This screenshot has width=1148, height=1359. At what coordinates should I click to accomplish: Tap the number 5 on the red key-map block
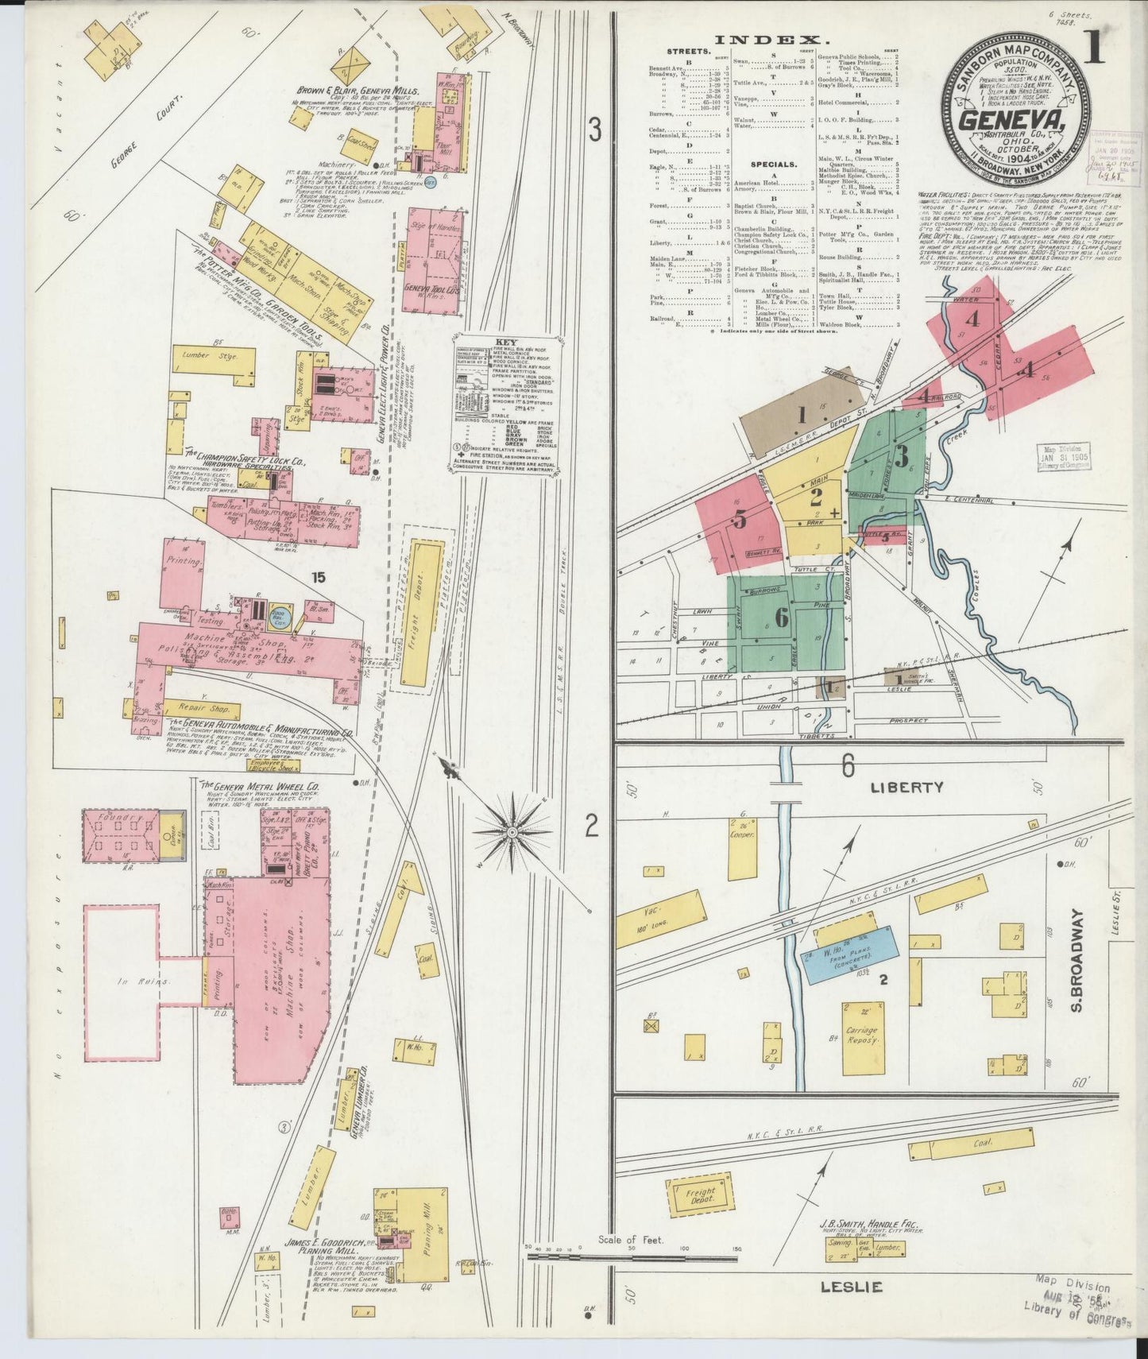coord(740,520)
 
